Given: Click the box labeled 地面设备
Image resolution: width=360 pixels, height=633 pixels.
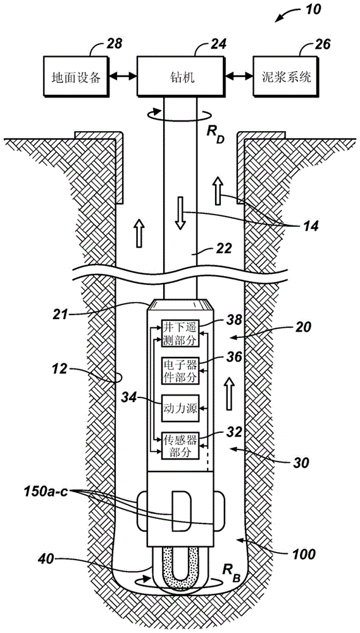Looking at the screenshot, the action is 72,77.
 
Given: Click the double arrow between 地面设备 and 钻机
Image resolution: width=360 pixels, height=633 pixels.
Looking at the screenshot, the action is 119,76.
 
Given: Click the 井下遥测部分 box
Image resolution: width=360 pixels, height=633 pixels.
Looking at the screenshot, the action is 180,334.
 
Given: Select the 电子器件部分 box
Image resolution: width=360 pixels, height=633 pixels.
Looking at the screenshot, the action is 180,370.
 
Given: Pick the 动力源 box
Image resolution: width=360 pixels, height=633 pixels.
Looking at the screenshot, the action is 180,408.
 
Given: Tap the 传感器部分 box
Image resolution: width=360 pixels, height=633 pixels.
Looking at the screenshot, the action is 180,445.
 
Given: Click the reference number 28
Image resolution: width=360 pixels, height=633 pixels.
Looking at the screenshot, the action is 113,43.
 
